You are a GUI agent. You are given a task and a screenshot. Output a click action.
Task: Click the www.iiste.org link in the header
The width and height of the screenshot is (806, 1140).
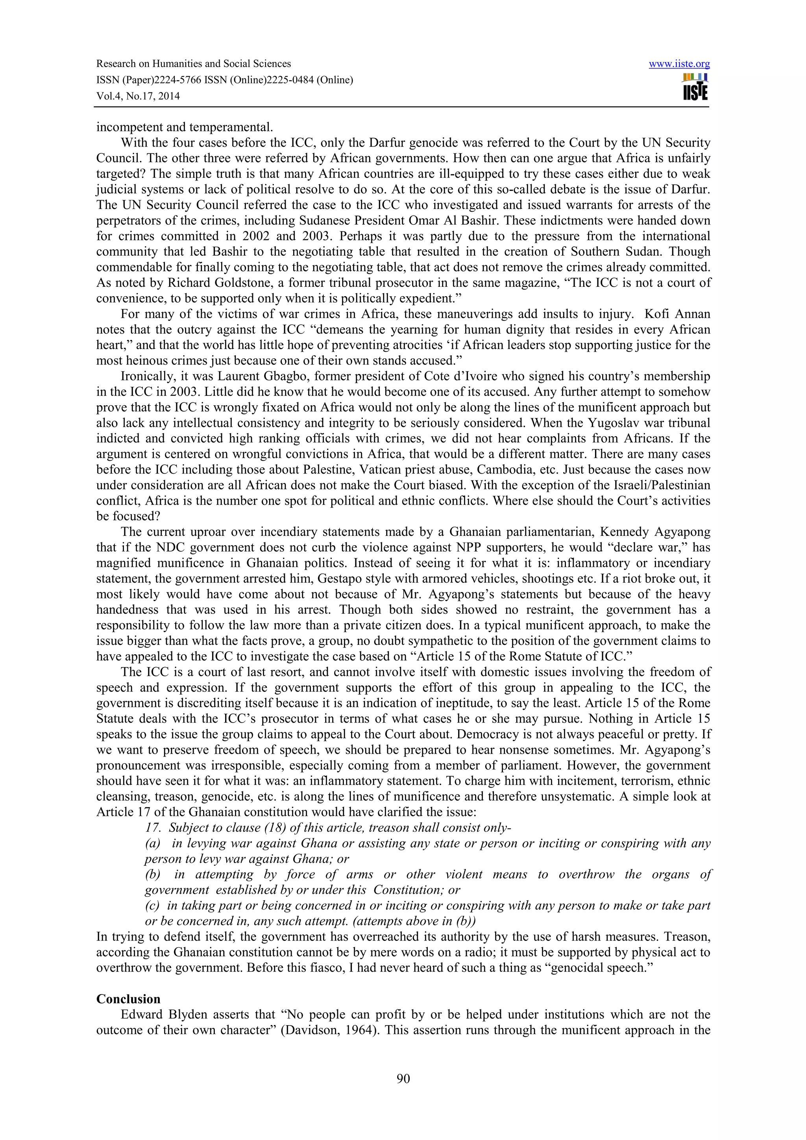679,64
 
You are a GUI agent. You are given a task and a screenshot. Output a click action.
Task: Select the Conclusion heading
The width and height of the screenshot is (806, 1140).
128,999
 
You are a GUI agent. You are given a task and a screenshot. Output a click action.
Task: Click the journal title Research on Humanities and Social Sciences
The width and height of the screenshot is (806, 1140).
193,64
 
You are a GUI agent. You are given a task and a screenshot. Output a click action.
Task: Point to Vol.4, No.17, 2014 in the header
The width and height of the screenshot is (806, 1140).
138,96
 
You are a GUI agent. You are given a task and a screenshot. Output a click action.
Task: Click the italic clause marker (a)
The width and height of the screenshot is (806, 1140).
152,843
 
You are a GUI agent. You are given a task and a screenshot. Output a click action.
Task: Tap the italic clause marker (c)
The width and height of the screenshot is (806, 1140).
152,906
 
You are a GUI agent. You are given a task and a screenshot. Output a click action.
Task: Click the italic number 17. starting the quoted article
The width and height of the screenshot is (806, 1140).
152,828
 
